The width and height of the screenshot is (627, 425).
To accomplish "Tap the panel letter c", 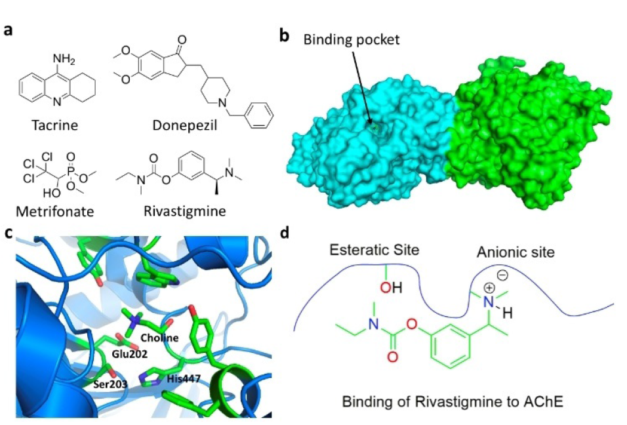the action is click(x=8, y=233).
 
